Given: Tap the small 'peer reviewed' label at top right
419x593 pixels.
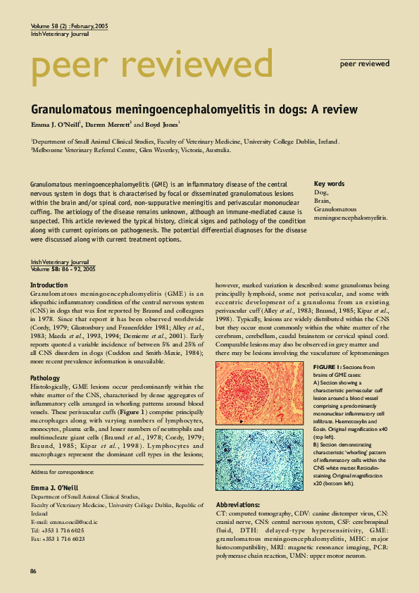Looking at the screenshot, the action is pos(364,63).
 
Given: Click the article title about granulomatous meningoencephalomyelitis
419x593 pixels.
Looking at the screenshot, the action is pos(194,110).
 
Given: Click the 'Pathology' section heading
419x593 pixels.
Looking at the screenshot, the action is pos(45,378).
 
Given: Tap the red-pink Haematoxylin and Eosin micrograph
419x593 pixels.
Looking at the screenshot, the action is pos(260,393).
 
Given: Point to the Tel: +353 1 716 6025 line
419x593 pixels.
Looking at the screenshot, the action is pos(58,530).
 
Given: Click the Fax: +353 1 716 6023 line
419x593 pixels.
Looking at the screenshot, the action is pos(58,538).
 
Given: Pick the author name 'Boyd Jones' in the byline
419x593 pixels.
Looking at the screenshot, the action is pos(161,124).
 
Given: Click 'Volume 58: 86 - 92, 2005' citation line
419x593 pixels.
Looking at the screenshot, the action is pos(63,269).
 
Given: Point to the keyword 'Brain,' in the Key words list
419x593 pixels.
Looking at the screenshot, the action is pos(322,200).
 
